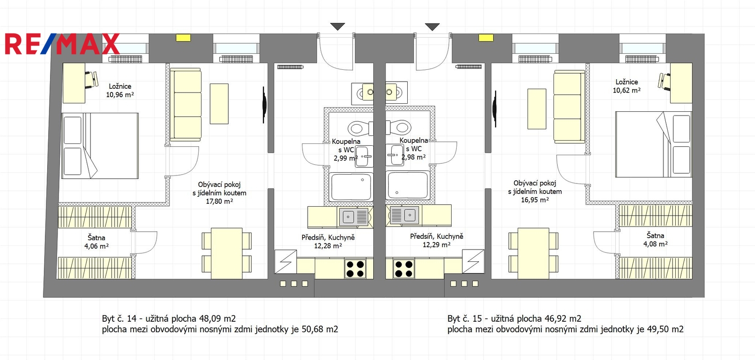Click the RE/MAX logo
(x=62, y=44)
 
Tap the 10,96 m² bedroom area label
(x=120, y=95)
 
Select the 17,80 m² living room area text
(x=219, y=201)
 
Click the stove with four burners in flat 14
(x=355, y=268)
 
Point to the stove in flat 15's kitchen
(x=403, y=268)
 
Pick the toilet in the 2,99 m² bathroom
(x=360, y=128)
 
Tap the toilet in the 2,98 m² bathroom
(x=399, y=127)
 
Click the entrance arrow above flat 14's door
(x=337, y=26)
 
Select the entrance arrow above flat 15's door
(x=432, y=26)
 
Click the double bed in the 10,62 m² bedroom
(x=654, y=144)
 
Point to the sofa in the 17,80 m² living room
(x=186, y=104)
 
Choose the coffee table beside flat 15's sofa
(x=537, y=109)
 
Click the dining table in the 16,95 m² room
(x=533, y=253)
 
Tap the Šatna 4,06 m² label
(x=96, y=242)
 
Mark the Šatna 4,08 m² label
(x=655, y=240)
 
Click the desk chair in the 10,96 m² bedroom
(x=92, y=80)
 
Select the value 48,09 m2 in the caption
(x=217, y=318)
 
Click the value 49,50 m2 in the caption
(x=665, y=329)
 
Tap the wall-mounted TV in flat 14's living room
(x=264, y=105)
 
